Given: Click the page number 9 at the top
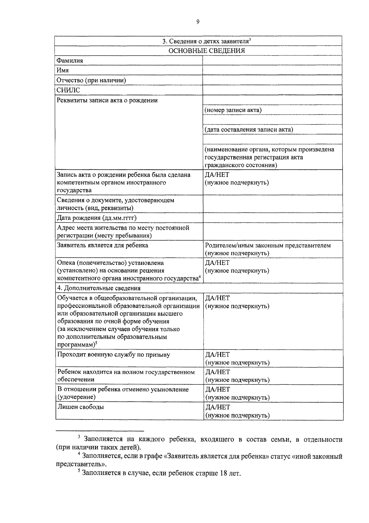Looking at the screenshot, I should pyautogui.click(x=198, y=22).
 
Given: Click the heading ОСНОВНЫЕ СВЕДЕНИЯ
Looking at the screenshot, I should pyautogui.click(x=207, y=51).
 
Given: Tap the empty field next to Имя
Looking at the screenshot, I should pyautogui.click(x=272, y=71).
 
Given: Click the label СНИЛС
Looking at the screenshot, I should pyautogui.click(x=68, y=90).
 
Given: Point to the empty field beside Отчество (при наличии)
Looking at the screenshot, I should pyautogui.click(x=272, y=80).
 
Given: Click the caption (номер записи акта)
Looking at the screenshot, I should pyautogui.click(x=233, y=110).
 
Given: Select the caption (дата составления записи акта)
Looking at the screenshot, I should pyautogui.click(x=249, y=130).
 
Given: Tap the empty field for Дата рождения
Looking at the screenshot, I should pyautogui.click(x=273, y=218).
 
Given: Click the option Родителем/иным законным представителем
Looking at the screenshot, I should pyautogui.click(x=268, y=245).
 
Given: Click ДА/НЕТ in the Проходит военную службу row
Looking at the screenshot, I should pyautogui.click(x=217, y=355).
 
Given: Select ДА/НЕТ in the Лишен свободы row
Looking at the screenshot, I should pyautogui.click(x=217, y=407).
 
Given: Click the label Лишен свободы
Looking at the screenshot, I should pyautogui.click(x=81, y=407).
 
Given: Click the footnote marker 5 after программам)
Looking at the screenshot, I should pyautogui.click(x=96, y=343).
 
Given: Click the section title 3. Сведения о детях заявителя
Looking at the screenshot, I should pyautogui.click(x=205, y=41).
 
